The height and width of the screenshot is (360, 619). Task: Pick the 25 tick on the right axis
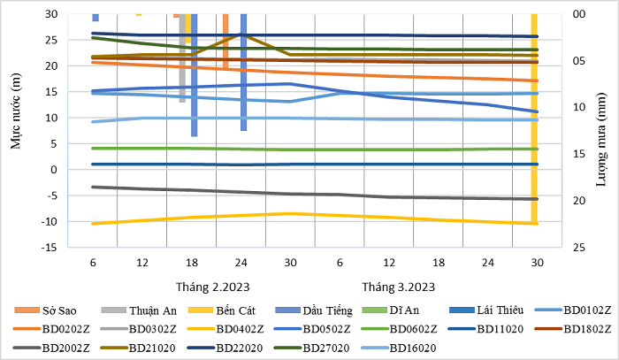click(x=579, y=248)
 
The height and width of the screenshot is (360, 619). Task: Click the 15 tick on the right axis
click(x=579, y=154)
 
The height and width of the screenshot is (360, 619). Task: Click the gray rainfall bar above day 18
click(x=182, y=58)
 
